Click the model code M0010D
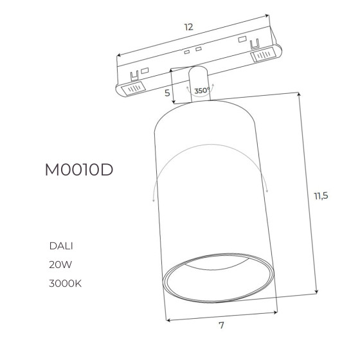(x=79, y=170)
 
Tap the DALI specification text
(x=61, y=246)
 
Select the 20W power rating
(x=60, y=265)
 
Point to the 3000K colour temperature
(x=65, y=283)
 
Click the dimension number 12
(x=189, y=27)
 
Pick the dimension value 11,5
(x=321, y=196)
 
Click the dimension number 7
(x=221, y=325)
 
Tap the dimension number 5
(x=167, y=93)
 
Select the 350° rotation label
(x=202, y=91)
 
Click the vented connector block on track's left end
(x=134, y=88)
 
